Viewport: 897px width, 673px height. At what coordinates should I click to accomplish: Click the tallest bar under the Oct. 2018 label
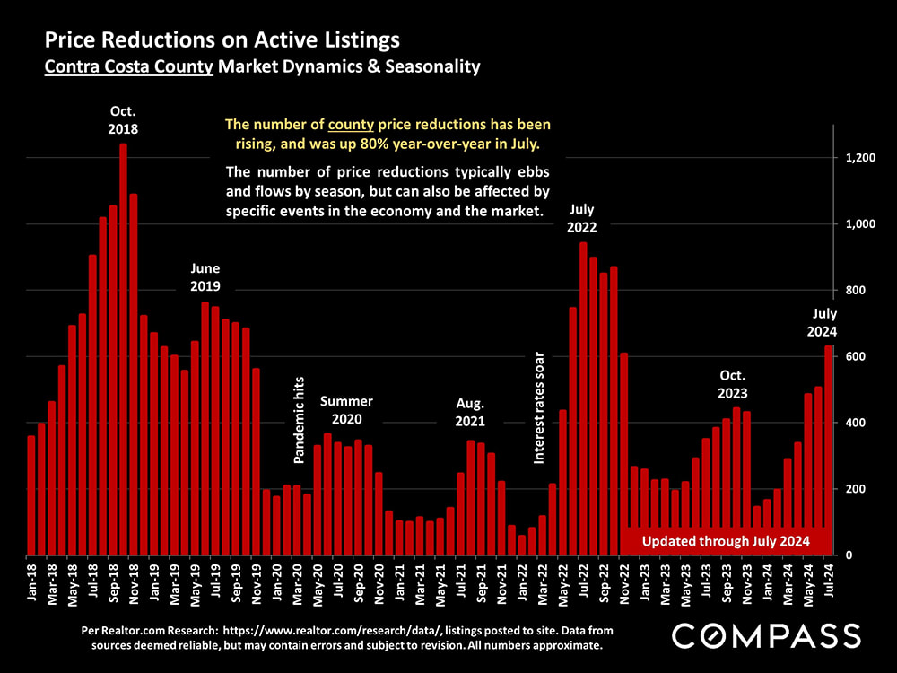(x=123, y=350)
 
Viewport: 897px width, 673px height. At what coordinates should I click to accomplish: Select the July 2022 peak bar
(x=583, y=399)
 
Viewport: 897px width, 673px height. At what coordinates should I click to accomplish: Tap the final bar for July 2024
(x=829, y=449)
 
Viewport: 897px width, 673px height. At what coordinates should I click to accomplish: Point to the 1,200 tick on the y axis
(x=862, y=158)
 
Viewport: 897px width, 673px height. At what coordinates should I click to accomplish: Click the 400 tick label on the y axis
(x=857, y=423)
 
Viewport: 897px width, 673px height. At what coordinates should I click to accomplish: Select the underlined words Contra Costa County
(x=130, y=66)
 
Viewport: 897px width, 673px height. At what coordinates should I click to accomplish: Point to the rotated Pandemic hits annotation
(x=300, y=420)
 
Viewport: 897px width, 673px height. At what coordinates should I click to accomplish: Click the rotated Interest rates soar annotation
(x=539, y=406)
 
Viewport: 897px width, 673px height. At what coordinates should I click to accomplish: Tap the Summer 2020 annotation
(x=346, y=410)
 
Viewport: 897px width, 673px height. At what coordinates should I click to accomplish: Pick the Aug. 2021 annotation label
(x=470, y=412)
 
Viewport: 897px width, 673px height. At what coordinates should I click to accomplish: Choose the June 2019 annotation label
(x=205, y=277)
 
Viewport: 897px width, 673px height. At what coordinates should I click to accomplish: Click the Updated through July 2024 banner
(x=727, y=541)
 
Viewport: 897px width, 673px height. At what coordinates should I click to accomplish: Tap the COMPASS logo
(x=766, y=635)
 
